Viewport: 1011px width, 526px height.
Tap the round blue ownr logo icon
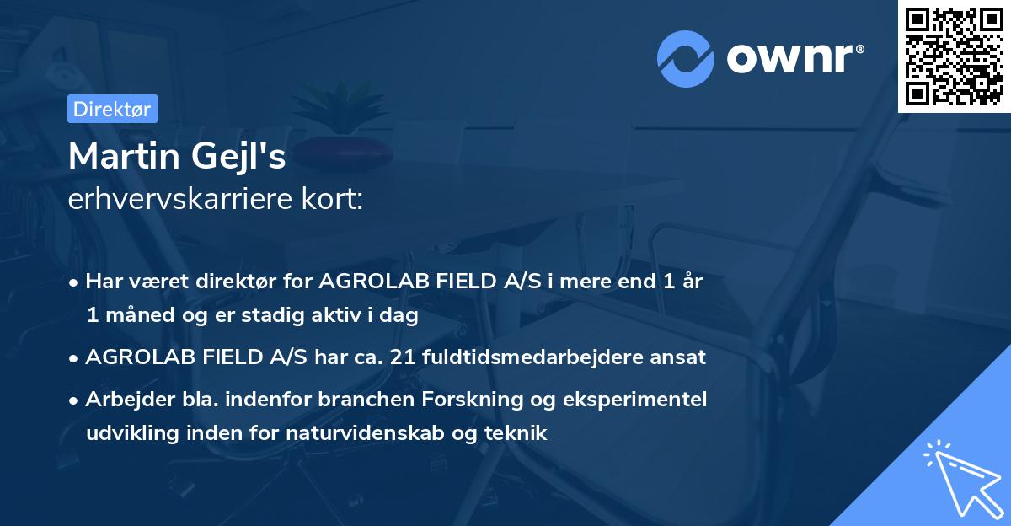coord(685,59)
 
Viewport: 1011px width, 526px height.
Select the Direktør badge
coord(112,109)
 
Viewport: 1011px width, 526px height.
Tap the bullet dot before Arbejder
coord(75,400)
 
